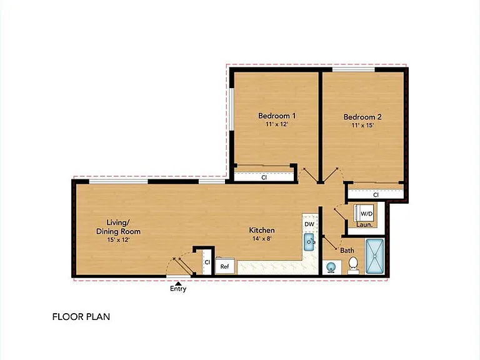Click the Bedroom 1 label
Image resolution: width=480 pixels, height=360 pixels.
pyautogui.click(x=277, y=116)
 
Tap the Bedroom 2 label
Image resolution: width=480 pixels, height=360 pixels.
pyautogui.click(x=362, y=117)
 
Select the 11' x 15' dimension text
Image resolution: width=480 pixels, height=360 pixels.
pyautogui.click(x=362, y=125)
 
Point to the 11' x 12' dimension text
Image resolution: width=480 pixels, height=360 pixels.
pyautogui.click(x=277, y=124)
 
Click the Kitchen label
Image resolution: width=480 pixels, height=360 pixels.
pyautogui.click(x=262, y=230)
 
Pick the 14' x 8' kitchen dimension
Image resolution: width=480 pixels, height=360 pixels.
pyautogui.click(x=262, y=239)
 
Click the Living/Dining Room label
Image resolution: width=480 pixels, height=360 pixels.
pyautogui.click(x=118, y=227)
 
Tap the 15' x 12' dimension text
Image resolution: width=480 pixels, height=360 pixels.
pyautogui.click(x=118, y=240)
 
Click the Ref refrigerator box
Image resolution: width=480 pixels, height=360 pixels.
pyautogui.click(x=225, y=266)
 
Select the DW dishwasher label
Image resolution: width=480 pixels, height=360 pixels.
pyautogui.click(x=309, y=224)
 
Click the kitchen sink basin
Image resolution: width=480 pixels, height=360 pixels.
pyautogui.click(x=309, y=242)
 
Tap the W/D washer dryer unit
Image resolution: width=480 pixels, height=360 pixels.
pyautogui.click(x=364, y=212)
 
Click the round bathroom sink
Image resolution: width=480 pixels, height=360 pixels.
pyautogui.click(x=331, y=267)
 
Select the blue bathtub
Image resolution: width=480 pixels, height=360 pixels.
pyautogui.click(x=375, y=256)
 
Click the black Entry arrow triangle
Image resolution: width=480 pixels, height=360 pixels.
pyautogui.click(x=178, y=284)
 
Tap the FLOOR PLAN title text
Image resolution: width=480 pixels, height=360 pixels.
pyautogui.click(x=81, y=317)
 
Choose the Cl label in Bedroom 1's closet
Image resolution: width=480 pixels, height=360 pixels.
pyautogui.click(x=264, y=177)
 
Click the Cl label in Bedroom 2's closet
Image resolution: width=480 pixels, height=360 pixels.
pyautogui.click(x=376, y=195)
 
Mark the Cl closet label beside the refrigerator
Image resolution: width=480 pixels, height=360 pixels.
pyautogui.click(x=207, y=262)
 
